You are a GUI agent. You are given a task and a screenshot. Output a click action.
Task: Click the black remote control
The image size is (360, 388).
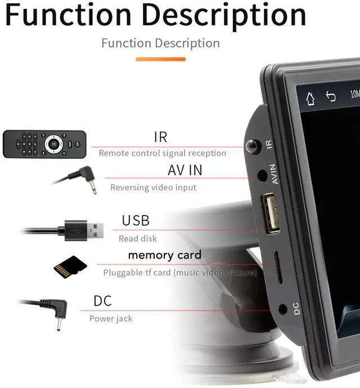point(44,144)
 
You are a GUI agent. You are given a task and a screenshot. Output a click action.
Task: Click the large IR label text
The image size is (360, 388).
point(160,137)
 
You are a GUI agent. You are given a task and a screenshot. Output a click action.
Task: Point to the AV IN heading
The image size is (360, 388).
point(184,170)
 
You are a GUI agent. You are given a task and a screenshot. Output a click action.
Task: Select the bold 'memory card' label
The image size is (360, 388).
point(164,255)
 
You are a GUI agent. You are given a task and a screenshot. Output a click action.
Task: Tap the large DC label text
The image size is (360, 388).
point(102,301)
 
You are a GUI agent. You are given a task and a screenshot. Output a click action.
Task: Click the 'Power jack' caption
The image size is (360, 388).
point(111,319)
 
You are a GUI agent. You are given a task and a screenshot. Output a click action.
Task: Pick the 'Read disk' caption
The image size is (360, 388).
point(137,239)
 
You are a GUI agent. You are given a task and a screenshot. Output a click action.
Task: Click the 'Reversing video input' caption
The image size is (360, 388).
point(154,188)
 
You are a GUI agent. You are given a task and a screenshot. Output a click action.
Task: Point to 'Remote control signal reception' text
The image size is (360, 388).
point(162,153)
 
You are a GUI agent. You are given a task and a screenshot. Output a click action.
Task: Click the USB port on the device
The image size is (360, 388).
point(270,213)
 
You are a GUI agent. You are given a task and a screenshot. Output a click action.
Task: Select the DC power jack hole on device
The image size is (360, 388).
point(283,309)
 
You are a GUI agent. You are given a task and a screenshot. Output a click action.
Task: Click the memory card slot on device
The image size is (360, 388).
point(277,267)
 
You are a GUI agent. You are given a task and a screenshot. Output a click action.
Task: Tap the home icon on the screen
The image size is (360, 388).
point(310,99)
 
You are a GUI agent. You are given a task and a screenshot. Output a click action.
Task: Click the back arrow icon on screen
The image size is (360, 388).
point(331,96)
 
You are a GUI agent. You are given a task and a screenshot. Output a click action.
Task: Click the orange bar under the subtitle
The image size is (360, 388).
point(160,59)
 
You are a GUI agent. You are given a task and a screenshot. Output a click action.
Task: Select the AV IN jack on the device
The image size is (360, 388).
point(262,175)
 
